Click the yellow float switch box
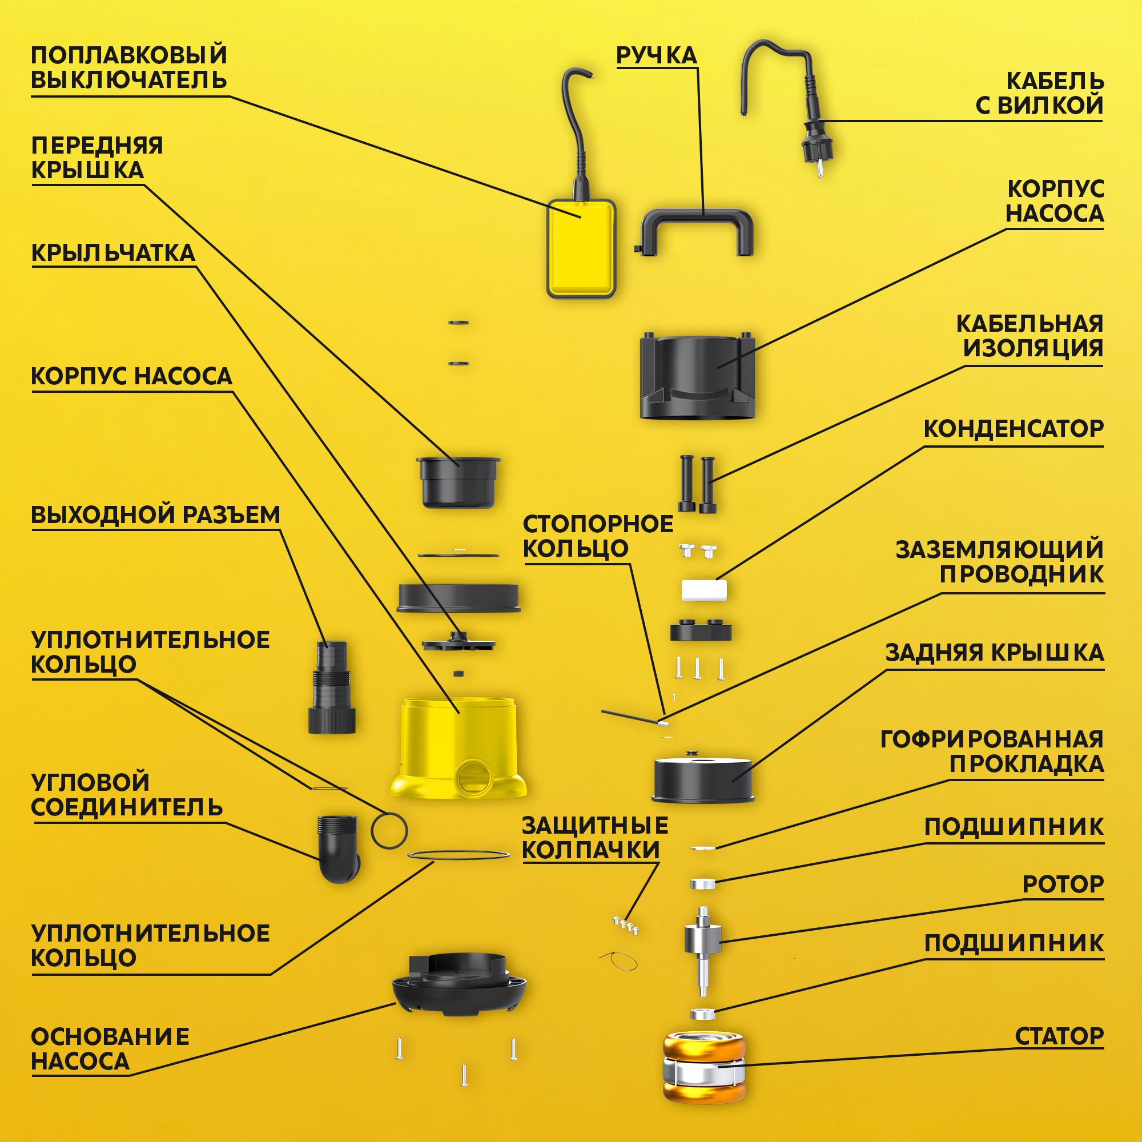(581, 248)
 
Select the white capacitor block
(704, 589)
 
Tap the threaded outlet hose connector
(332, 687)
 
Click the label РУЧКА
(657, 55)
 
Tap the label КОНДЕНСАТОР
(1013, 429)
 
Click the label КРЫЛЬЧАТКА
(113, 252)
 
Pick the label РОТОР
(1063, 884)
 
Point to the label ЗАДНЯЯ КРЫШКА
(995, 653)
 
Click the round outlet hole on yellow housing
(473, 777)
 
